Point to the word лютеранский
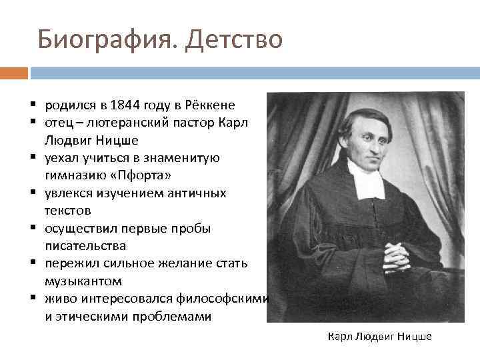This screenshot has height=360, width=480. (119, 123)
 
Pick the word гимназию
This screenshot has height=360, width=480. (73, 175)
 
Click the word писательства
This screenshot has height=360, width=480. (85, 246)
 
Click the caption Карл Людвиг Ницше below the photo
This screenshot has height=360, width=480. (380, 337)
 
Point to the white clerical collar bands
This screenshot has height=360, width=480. (366, 179)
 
